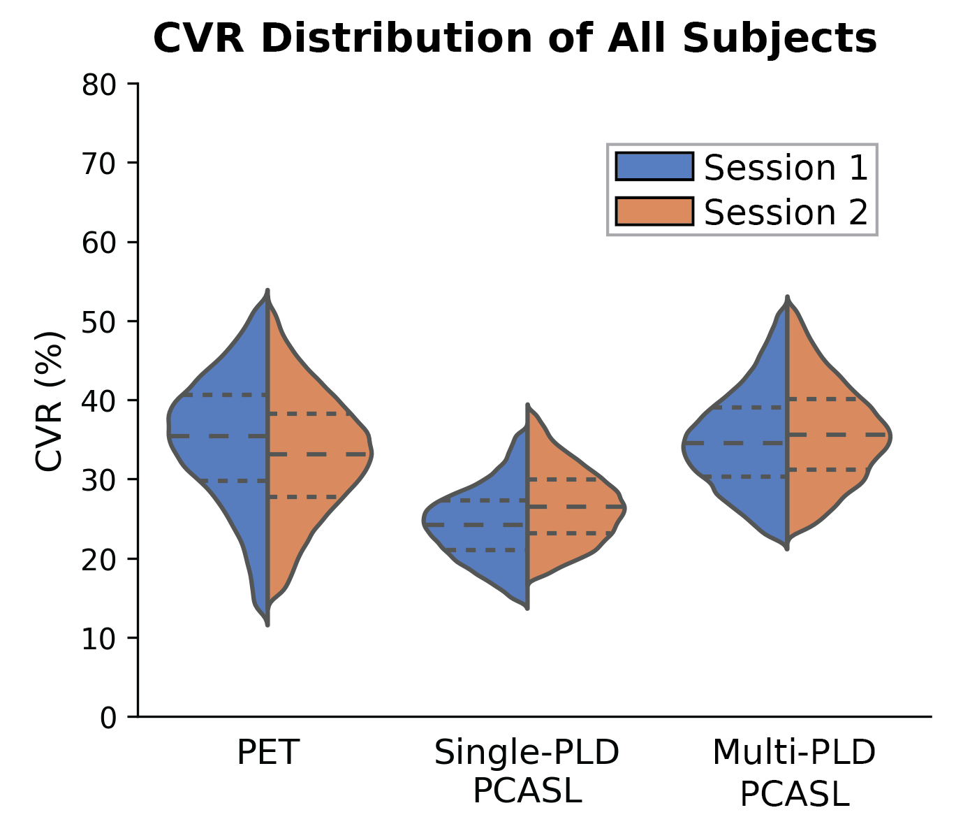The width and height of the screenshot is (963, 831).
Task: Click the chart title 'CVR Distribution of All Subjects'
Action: (515, 39)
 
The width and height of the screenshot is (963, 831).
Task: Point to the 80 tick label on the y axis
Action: (99, 85)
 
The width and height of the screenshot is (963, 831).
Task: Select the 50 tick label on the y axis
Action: (99, 322)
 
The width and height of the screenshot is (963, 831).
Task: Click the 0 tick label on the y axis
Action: (108, 718)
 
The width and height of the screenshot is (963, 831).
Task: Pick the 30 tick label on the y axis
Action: (99, 480)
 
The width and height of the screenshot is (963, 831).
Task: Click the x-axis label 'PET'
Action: (268, 753)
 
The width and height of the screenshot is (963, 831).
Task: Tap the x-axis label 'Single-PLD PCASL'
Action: (527, 772)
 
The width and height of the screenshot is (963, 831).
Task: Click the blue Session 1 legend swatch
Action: (654, 167)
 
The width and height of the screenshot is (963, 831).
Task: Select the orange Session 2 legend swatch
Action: (654, 212)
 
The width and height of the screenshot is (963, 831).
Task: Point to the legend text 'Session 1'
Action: (786, 168)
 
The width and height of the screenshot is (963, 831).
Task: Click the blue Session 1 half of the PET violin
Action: (223, 419)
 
